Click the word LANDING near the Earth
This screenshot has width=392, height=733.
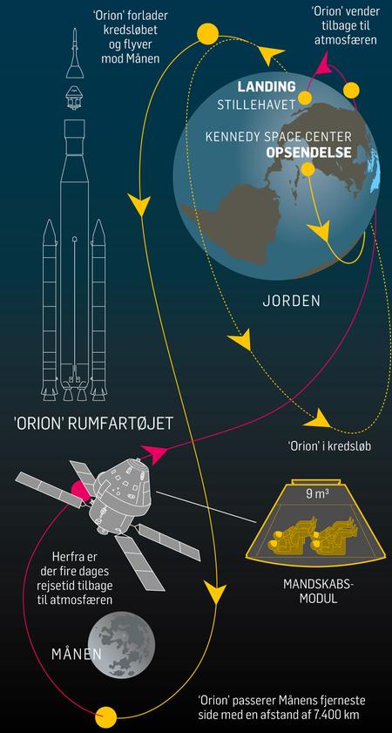267,86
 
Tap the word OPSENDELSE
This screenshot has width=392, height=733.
308,153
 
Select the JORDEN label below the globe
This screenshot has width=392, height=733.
292,301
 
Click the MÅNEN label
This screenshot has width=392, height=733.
76,654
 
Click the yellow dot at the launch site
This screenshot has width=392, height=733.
307,169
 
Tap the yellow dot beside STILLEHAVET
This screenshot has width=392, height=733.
305,98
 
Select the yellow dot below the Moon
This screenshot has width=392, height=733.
106,716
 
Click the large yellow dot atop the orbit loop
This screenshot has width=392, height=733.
207,35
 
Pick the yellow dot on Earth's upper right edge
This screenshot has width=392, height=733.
351,89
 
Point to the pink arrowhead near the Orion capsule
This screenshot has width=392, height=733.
154,452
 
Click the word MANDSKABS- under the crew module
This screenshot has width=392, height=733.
311,585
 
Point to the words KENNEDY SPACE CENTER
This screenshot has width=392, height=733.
279,137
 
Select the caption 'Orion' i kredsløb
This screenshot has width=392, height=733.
330,446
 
